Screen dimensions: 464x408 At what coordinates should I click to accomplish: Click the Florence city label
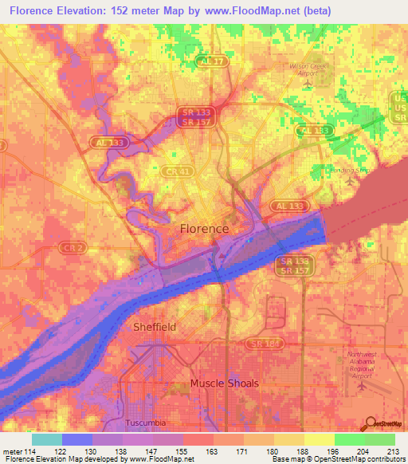204,229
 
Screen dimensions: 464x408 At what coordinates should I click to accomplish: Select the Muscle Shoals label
224,383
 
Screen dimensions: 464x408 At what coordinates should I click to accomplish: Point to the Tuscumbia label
147,422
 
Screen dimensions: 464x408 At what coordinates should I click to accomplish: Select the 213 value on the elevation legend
394,453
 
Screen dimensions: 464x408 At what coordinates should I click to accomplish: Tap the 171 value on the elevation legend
242,453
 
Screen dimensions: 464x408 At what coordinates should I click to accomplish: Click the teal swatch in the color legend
47,439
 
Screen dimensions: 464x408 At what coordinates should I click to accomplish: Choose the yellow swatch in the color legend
319,439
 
